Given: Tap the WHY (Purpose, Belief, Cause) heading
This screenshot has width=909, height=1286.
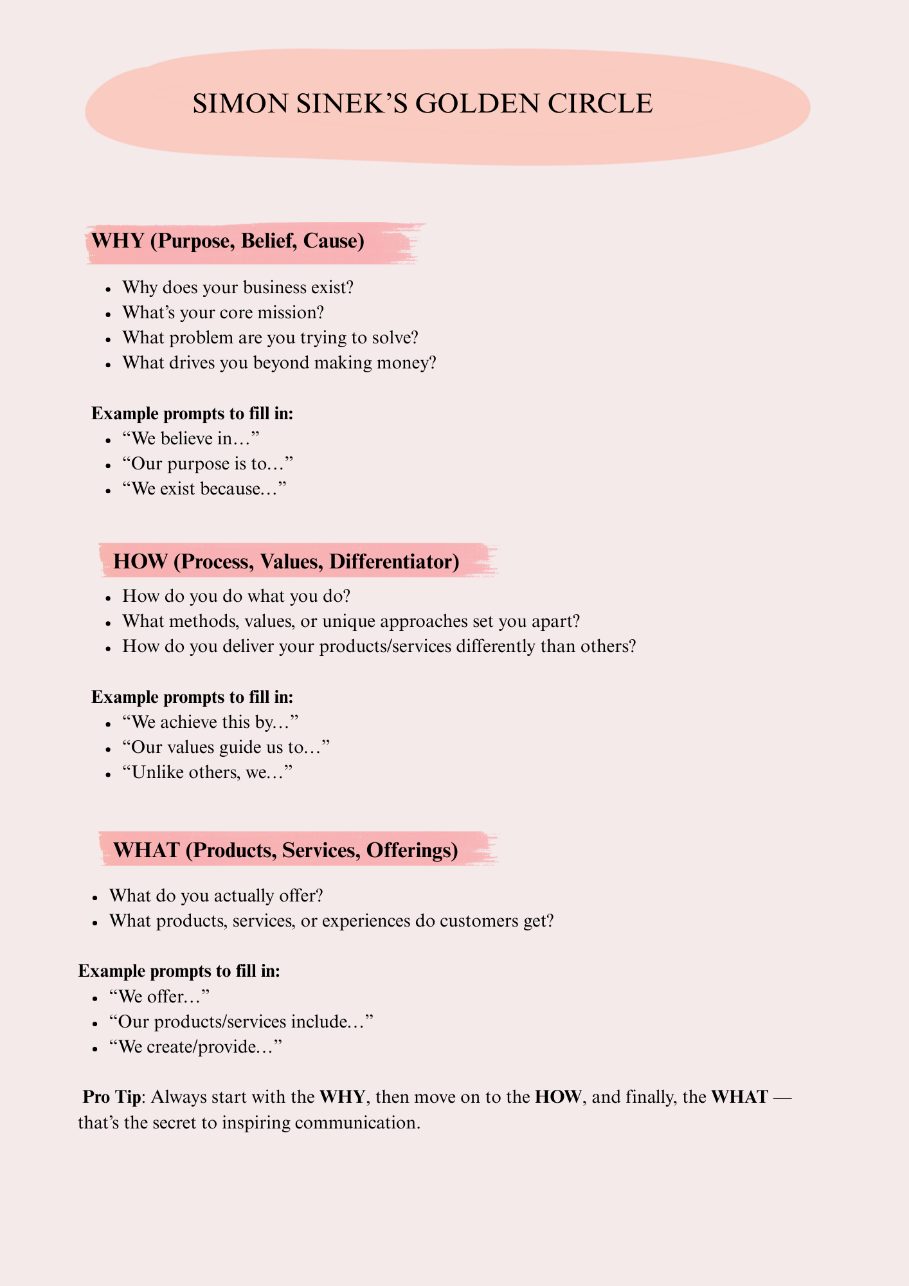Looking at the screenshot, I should pos(228,241).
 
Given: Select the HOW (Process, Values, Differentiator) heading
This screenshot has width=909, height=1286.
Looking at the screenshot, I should pos(286,562).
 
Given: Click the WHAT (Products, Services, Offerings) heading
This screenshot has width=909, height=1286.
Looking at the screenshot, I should pos(285,850).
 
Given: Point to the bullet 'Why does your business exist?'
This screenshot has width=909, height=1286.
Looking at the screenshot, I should pos(238,287).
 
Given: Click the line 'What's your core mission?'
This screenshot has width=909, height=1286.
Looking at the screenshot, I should pos(223,312).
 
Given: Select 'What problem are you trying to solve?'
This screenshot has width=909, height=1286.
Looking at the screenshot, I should pos(270,338).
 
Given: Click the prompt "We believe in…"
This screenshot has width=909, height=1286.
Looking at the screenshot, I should pos(190,439).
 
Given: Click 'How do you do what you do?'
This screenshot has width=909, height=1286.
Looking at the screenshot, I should pos(236,595).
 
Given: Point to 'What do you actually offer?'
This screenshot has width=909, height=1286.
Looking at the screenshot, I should pos(216,895).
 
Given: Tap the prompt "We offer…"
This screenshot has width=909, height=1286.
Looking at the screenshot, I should pos(160,997).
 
